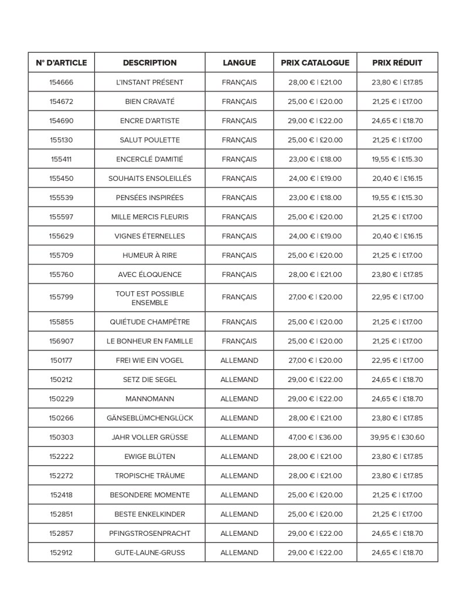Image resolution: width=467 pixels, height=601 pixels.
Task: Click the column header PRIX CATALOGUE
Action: pos(315,63)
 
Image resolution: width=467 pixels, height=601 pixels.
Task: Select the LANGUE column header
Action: pos(239,63)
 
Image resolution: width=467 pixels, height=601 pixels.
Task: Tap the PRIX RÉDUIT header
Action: pos(397,63)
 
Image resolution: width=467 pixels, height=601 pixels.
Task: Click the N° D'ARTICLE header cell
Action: pos(61,63)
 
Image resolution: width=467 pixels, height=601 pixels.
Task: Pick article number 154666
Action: pos(61,82)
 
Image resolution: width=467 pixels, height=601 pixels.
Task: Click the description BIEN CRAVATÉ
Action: pos(149,102)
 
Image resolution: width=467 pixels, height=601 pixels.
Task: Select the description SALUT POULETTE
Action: pos(149,140)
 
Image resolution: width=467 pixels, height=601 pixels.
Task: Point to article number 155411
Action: pos(61,159)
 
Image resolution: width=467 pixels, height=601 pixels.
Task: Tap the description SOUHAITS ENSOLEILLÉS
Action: pos(149,178)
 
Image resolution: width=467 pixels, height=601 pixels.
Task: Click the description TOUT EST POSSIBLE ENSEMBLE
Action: pos(149,298)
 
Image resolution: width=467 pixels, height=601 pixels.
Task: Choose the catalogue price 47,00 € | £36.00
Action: pos(315,437)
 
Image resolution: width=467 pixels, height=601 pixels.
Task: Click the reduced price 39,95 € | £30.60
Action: pos(397,437)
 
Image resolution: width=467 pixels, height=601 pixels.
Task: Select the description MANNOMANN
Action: pos(149,399)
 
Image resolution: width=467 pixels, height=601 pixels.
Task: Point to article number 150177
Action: pos(61,360)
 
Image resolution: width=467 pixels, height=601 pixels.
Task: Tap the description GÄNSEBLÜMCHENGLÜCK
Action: pos(149,418)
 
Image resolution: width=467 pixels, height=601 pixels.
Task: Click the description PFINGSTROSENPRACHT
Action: pos(149,534)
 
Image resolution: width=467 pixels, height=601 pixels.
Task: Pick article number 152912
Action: pos(61,553)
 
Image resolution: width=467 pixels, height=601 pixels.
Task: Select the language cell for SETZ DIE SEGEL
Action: pos(239,380)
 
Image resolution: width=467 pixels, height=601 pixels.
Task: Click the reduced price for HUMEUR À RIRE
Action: pos(397,255)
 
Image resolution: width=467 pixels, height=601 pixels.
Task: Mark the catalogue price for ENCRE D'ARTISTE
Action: pos(315,121)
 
